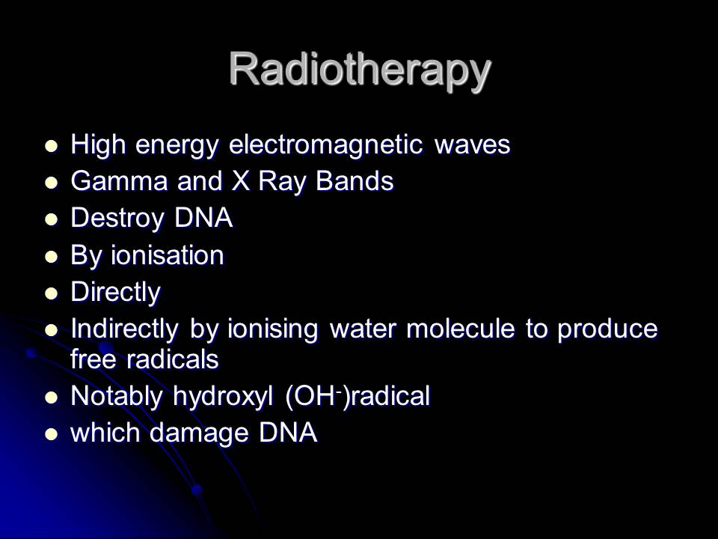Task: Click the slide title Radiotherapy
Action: point(359,69)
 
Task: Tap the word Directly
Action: point(115,292)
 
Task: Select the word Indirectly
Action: point(125,329)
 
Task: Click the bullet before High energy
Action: point(51,145)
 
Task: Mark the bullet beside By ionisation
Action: point(51,256)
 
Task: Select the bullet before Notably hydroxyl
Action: point(51,398)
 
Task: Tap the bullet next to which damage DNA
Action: point(51,434)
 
